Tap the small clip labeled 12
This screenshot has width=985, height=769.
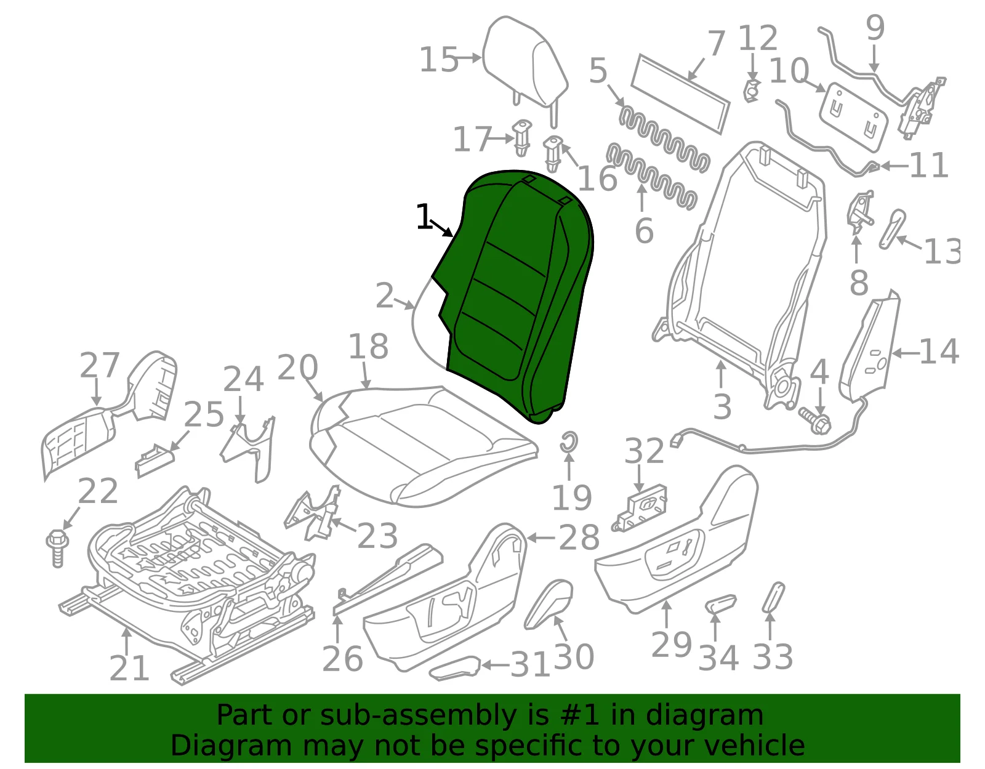752,91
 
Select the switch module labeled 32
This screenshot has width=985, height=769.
640,507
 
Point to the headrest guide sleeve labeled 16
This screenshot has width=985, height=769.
553,154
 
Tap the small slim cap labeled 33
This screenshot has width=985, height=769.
773,598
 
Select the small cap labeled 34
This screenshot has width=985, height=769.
720,604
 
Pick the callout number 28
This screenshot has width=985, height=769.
579,537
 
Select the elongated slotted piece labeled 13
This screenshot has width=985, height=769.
891,229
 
